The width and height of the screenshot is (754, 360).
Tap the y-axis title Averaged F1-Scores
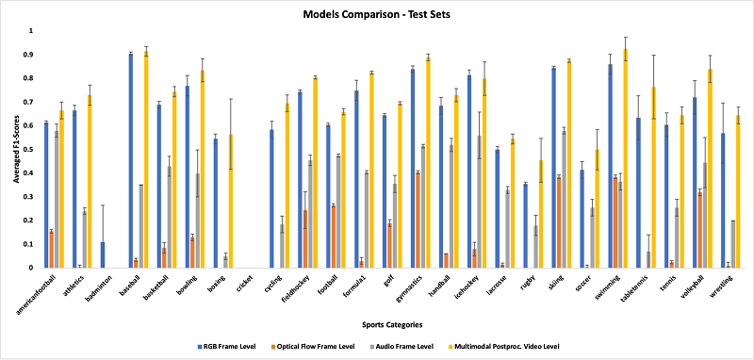click(x=11, y=151)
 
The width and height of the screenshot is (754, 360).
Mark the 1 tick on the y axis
click(x=30, y=30)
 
